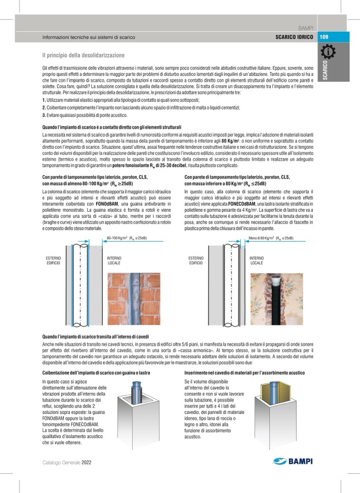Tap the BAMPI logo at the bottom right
point(293,462)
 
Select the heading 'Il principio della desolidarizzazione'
point(83,55)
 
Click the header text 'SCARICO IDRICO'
point(294,37)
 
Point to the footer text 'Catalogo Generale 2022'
point(66,462)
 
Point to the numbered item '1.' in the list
point(44,100)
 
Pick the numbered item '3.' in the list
point(44,115)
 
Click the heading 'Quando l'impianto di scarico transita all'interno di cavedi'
point(96,336)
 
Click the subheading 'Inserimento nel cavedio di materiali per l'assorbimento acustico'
point(244,373)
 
